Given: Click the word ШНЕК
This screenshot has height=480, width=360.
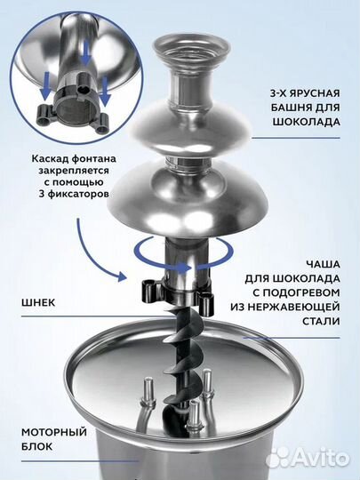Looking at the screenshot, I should pyautogui.click(x=36, y=302).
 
